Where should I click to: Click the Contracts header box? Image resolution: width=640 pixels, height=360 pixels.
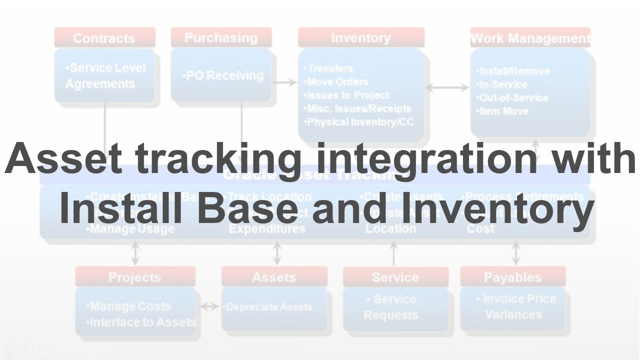pos(104,38)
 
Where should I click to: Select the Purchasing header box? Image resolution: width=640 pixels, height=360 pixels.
pos(221,38)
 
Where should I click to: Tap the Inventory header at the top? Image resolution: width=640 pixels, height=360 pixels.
pos(361,38)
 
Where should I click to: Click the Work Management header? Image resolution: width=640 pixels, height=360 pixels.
pos(530,38)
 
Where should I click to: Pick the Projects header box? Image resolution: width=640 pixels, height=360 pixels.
pos(135,277)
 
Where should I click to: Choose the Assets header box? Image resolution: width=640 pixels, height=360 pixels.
pos(274,277)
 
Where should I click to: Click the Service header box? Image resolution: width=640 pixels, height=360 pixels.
pos(395,277)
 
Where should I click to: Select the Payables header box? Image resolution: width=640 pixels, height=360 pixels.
pos(512,277)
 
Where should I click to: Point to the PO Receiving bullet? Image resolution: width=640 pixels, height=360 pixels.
pos(223,75)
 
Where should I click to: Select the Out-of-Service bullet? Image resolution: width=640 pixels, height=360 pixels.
pos(512,98)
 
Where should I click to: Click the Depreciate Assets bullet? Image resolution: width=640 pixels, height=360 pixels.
pos(268,307)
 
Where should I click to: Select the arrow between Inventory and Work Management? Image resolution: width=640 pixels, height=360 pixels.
pos(447,87)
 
